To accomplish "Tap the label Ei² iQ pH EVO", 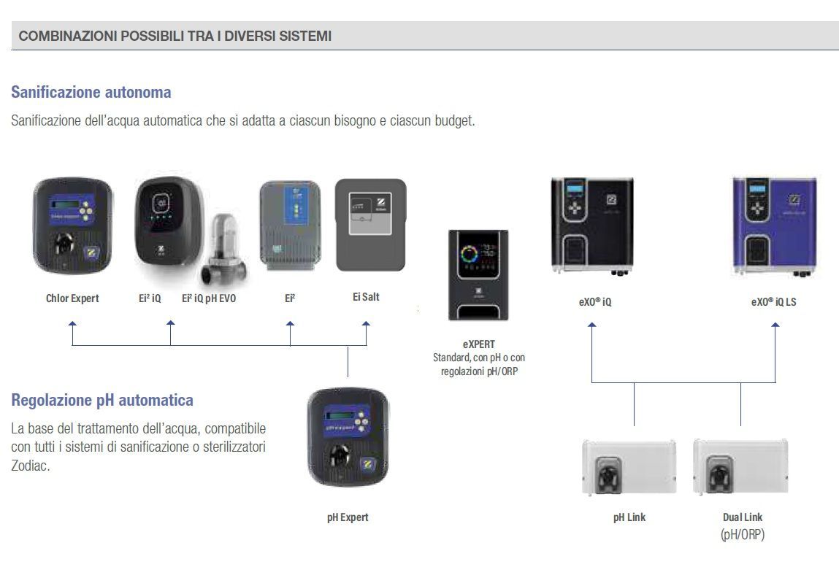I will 209,298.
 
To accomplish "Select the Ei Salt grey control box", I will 369,225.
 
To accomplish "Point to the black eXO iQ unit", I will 592,226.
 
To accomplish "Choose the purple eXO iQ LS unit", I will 774,226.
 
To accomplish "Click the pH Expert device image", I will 348,437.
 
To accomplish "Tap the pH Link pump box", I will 629,467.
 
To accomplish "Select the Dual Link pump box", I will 740,467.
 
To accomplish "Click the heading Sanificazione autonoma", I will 91,93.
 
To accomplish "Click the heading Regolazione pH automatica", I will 102,401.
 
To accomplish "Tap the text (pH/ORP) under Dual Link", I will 742,535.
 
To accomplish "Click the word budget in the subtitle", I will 454,120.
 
